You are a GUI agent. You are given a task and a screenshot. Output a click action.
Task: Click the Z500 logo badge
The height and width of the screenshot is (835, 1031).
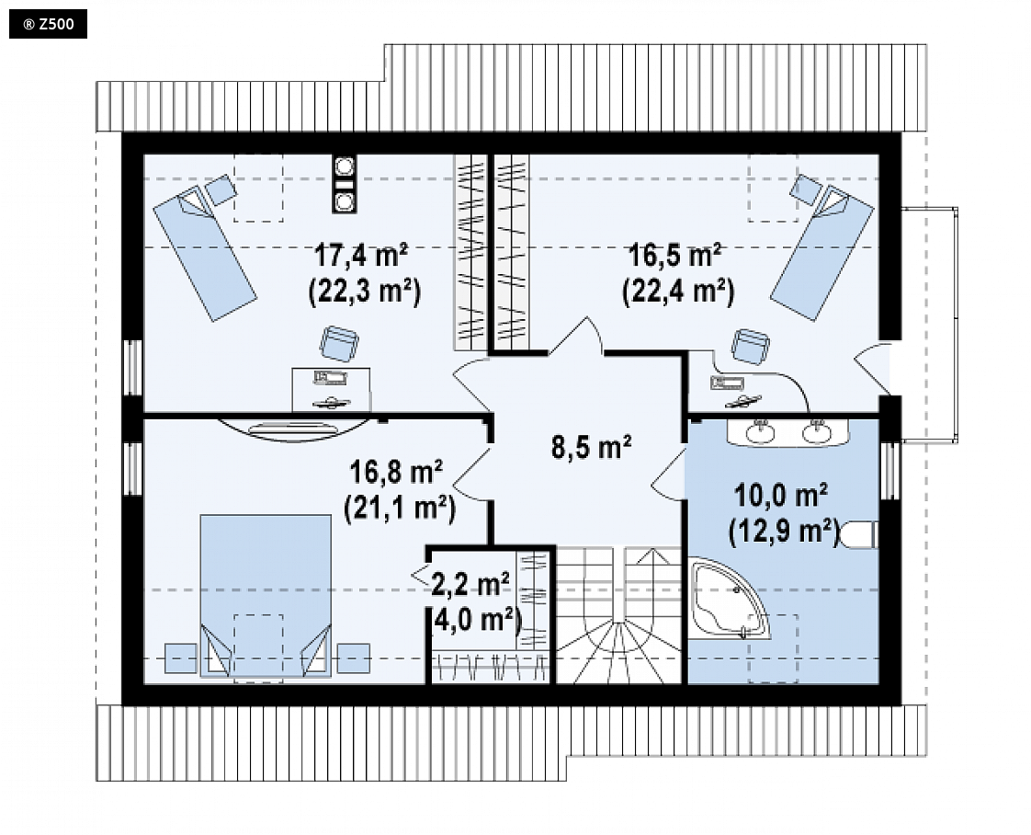coord(48,24)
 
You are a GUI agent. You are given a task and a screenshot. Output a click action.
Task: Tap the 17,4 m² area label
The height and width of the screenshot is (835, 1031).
coord(361,256)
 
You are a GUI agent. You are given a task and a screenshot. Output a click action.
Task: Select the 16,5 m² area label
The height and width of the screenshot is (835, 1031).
coord(675,256)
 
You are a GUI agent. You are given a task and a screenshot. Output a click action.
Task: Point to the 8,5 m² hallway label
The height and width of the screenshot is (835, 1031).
coord(591,448)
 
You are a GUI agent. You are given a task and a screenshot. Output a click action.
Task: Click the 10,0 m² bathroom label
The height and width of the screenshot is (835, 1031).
coord(780,496)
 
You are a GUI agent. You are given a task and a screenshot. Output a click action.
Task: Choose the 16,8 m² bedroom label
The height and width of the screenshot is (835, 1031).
coord(396,472)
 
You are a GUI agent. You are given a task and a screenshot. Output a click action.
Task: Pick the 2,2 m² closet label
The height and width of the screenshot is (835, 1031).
coord(470,584)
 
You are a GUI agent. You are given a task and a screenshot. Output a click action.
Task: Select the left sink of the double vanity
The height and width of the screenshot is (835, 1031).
coord(761,431)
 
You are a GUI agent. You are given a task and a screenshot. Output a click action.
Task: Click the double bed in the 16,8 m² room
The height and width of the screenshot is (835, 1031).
coord(265,596)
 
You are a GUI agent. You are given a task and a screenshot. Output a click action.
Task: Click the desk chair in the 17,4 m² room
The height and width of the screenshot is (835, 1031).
coord(339,344)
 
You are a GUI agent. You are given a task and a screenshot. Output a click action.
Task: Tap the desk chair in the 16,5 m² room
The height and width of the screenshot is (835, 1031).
coord(751,347)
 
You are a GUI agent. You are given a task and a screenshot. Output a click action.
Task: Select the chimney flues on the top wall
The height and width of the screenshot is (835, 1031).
coord(344,184)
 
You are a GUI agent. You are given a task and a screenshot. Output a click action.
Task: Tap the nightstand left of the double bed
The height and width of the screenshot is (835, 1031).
coord(181,658)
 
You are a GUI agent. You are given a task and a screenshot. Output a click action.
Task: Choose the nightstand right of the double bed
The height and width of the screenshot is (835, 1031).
coord(354,658)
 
